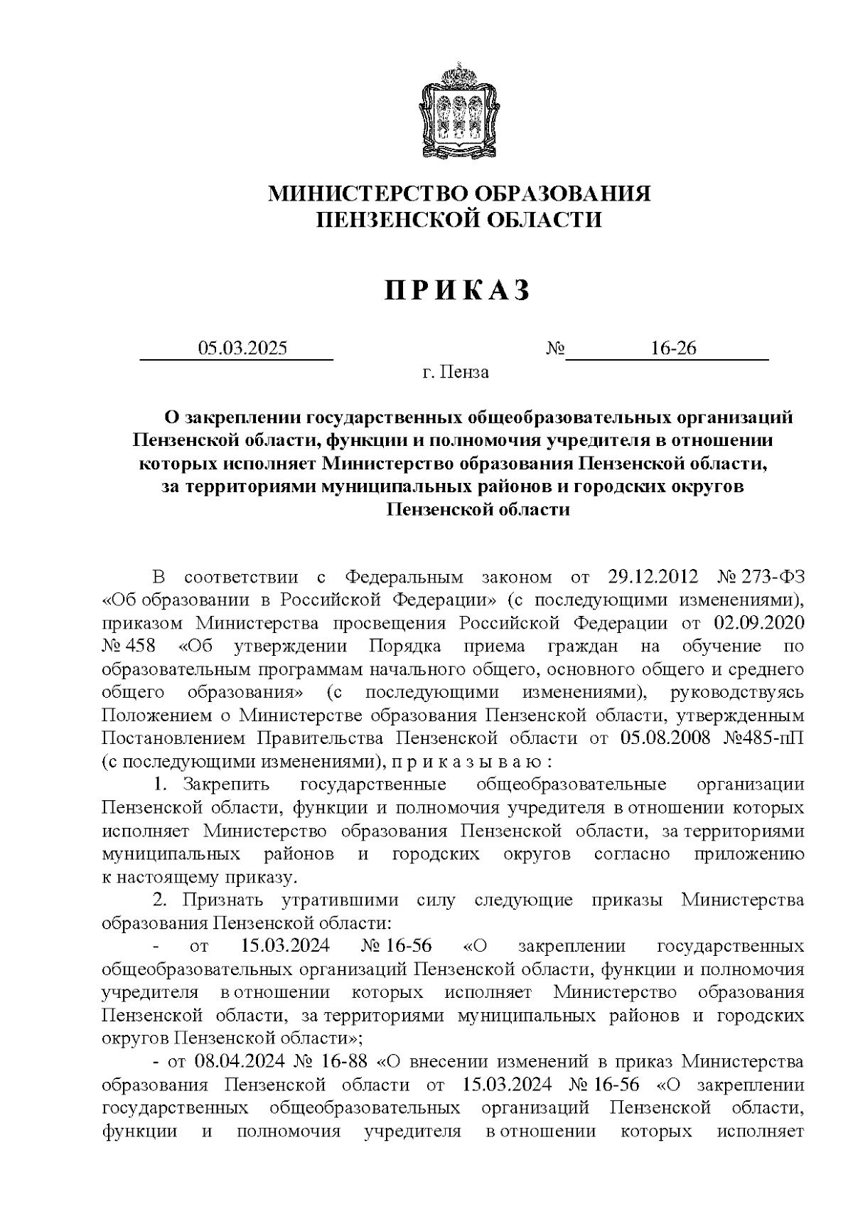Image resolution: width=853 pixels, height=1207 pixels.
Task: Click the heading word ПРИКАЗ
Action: click(x=458, y=291)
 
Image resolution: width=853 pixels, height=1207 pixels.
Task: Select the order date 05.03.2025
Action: click(x=243, y=349)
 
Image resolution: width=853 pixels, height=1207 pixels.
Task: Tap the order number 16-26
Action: click(x=672, y=349)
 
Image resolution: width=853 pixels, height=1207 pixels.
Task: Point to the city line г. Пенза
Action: click(x=455, y=372)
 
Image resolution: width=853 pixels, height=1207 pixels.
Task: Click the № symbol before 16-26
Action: click(x=555, y=349)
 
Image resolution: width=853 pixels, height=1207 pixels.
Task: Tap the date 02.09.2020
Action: click(x=758, y=623)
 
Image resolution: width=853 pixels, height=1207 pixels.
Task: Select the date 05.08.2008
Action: click(x=666, y=738)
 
